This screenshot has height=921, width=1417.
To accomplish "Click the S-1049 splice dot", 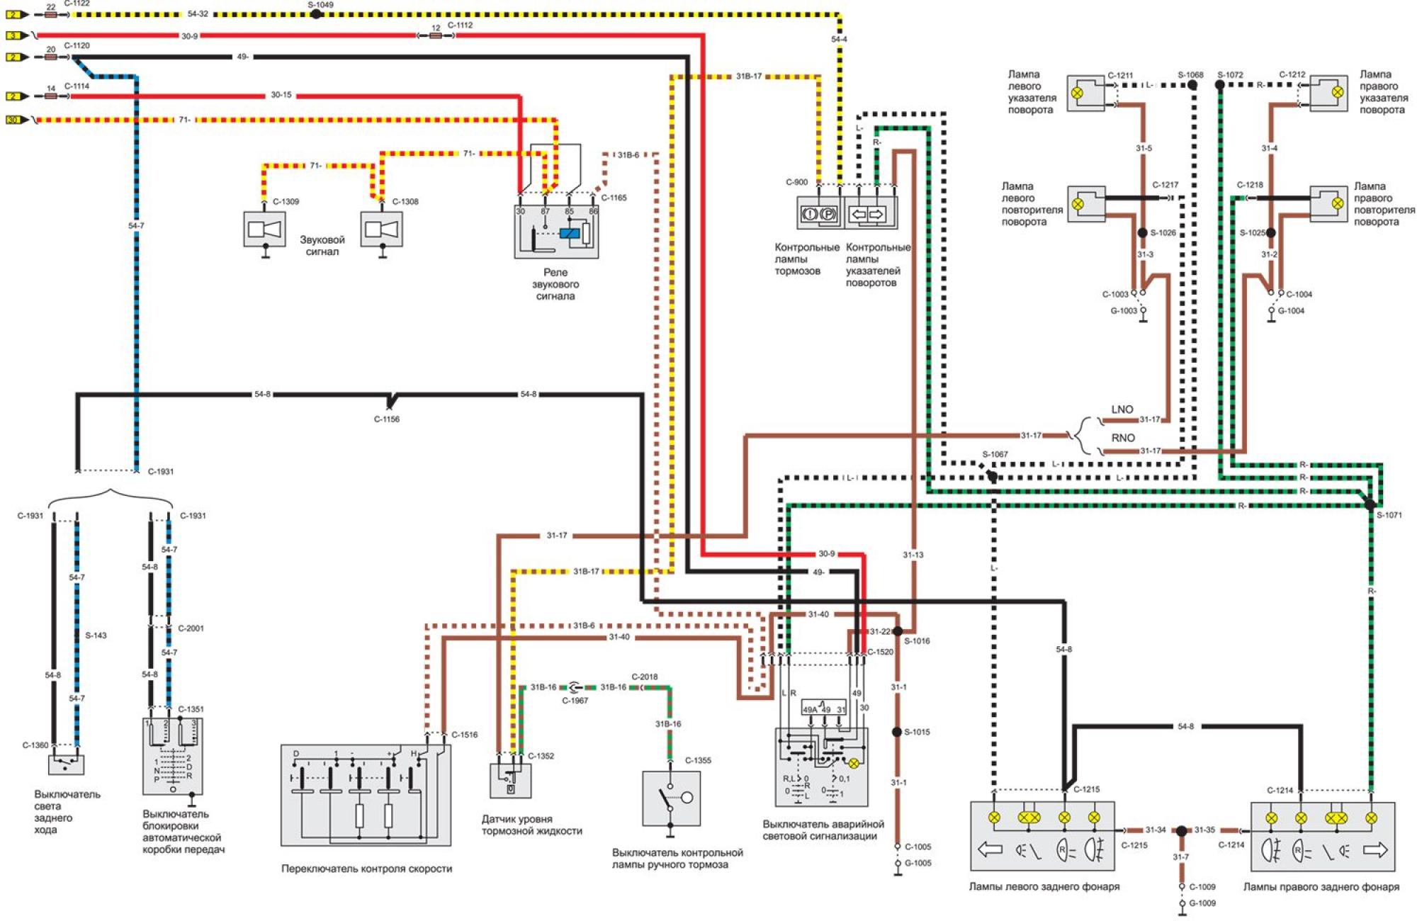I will pos(317,14).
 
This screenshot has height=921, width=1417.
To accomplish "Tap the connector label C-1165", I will pos(614,198).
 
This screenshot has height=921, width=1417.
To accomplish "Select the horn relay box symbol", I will pos(556,232).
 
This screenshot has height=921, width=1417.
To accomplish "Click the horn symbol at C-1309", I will pos(264,229).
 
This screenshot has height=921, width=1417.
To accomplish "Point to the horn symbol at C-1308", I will pos(381,229).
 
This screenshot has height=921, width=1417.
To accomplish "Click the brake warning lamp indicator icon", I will pos(819,213).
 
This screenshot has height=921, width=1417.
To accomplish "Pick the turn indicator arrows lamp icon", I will pos(867,213).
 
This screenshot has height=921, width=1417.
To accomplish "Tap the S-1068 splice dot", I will pos(1192,85).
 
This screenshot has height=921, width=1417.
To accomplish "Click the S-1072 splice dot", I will pos(1220,85).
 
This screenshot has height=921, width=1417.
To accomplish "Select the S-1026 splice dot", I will pos(1142,232).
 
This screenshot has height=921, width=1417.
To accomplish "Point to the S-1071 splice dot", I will pos(1370,505).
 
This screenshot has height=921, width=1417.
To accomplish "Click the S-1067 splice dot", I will pos(992,476).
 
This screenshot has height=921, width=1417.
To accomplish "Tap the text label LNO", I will pos(1122,409).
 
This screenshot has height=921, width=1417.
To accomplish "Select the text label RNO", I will pos(1123,438).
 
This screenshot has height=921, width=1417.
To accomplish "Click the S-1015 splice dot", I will pos(897,732).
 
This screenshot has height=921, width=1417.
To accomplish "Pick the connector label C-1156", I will pos(387,419).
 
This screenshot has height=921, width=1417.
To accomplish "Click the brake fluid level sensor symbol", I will pos(510,781).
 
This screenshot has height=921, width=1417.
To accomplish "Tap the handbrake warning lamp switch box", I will pos(671,798).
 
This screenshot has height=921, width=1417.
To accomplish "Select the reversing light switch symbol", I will pos(66,764).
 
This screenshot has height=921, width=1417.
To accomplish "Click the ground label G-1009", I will pos(1202,903).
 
